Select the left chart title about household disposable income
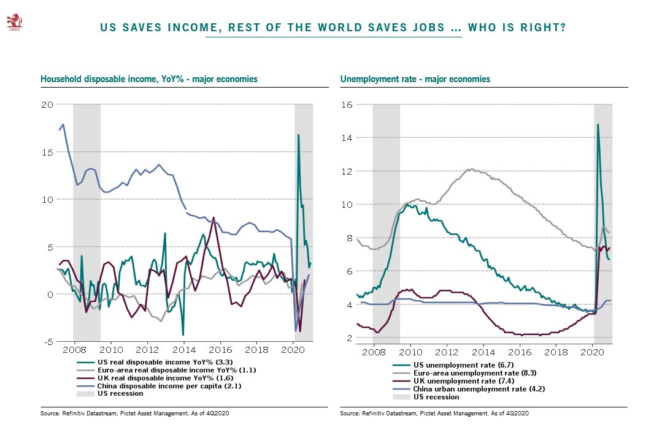(x=148, y=79)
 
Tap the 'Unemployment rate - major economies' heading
(x=415, y=79)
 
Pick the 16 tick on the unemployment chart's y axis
(x=347, y=104)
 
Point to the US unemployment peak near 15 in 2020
(x=598, y=124)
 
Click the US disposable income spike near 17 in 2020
(x=298, y=135)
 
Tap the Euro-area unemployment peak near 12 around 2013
(x=471, y=169)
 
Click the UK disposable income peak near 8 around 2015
(x=214, y=217)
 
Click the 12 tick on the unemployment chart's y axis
(x=347, y=171)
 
